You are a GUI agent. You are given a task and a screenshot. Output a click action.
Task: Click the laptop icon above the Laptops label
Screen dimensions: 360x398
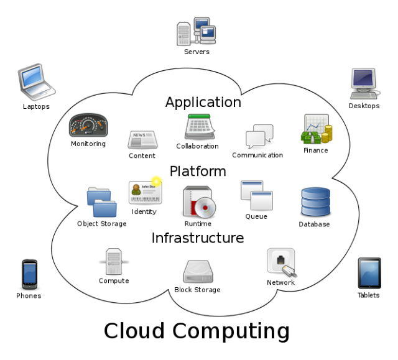pos(36,81)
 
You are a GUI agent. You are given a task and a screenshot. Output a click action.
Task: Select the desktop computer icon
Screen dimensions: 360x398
pos(364,83)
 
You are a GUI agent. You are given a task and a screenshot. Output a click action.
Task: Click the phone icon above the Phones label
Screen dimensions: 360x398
pos(29,274)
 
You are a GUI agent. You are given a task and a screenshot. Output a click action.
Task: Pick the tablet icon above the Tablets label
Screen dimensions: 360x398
pos(369,273)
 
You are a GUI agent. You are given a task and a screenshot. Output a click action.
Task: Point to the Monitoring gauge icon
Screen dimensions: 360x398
pos(88,126)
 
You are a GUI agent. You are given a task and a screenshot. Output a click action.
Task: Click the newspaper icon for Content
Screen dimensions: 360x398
pos(142,140)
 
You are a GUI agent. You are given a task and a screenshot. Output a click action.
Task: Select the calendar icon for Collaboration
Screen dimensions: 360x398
pos(199,127)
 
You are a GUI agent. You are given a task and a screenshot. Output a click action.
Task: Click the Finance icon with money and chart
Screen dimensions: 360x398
pos(317,130)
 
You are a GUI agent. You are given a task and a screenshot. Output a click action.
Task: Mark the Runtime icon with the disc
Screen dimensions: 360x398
pos(198,203)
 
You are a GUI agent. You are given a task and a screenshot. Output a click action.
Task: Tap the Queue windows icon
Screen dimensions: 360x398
pos(257,196)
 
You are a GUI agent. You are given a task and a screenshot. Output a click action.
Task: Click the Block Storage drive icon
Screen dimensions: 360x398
pos(198,272)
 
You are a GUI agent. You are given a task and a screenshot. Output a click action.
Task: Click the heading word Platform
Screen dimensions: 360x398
pos(198,171)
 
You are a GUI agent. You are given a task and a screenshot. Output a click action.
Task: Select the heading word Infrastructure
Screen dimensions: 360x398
pos(198,238)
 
